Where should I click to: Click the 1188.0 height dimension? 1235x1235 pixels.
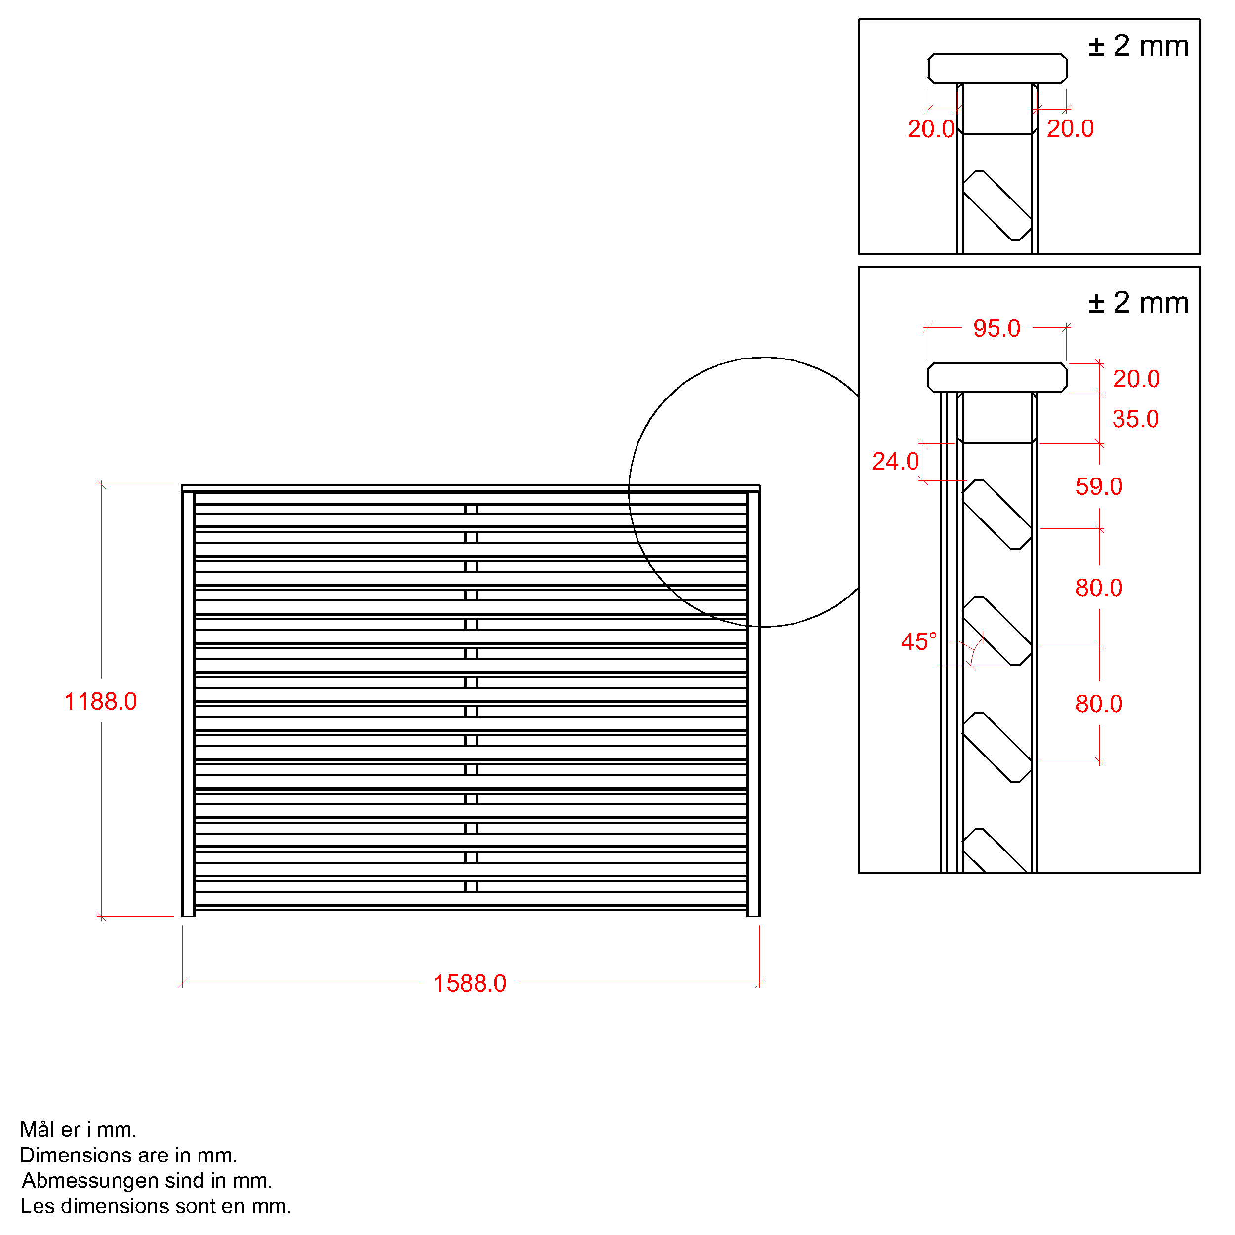[x=100, y=702]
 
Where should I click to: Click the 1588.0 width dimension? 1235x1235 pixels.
[x=470, y=984]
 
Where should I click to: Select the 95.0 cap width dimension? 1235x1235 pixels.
[x=996, y=328]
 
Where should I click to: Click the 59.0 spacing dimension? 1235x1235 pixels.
[x=1099, y=486]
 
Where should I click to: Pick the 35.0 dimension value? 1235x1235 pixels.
[x=1135, y=419]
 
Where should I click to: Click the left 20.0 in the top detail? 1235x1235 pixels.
[x=931, y=129]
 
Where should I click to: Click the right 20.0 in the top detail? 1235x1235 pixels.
[x=1070, y=128]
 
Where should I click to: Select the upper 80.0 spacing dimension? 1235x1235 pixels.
[x=1099, y=588]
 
